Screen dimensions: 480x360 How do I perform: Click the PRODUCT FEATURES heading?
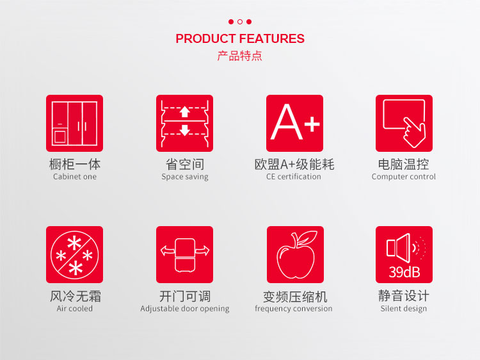[x=240, y=38]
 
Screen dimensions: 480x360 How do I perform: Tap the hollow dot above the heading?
[x=240, y=22]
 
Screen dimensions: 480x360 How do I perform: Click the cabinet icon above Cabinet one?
[x=74, y=123]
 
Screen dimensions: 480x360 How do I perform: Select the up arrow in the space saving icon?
[x=184, y=111]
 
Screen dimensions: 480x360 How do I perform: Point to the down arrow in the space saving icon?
[x=184, y=130]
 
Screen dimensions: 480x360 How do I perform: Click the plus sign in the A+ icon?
[x=312, y=124]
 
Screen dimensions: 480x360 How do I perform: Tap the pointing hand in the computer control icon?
[x=414, y=133]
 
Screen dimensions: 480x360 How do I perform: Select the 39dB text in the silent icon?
[x=404, y=272]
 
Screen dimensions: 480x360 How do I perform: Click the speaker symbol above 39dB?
[x=398, y=248]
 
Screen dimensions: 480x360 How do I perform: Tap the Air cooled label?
[x=74, y=308]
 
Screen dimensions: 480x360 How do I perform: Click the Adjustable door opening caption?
[x=184, y=309]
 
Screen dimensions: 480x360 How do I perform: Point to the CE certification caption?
[x=294, y=176]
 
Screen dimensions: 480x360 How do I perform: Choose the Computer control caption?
[x=403, y=177]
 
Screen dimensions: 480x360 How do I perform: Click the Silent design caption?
[x=403, y=309]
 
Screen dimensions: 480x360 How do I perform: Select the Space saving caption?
[x=184, y=177]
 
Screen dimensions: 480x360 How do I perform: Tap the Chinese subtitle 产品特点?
[x=240, y=56]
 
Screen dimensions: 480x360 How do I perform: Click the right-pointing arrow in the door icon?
[x=203, y=250]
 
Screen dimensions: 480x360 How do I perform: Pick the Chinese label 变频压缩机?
[x=295, y=297]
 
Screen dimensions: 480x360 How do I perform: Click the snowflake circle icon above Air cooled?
[x=74, y=254]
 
